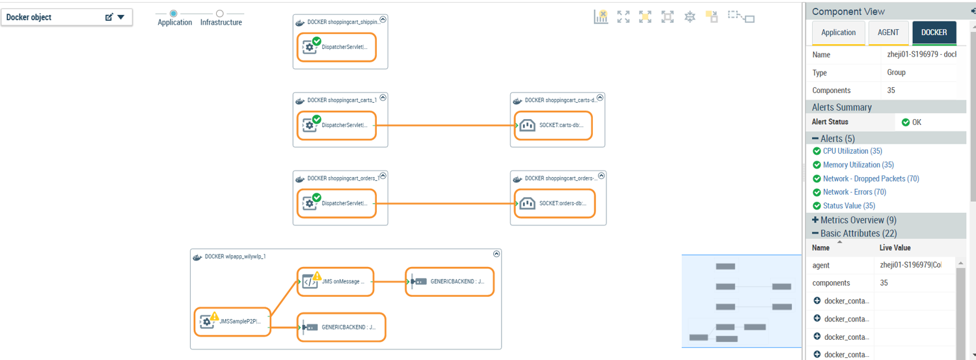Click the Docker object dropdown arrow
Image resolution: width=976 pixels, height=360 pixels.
(x=120, y=18)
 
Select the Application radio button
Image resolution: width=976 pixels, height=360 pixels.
(x=174, y=14)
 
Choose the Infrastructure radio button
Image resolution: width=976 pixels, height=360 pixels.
(x=220, y=14)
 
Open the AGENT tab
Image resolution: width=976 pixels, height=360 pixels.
(x=888, y=33)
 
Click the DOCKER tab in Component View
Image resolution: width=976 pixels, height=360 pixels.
(x=934, y=33)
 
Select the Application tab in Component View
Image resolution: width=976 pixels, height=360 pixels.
(x=838, y=33)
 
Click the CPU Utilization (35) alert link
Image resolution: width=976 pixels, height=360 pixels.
(x=852, y=151)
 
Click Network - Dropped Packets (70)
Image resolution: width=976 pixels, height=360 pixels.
(x=871, y=178)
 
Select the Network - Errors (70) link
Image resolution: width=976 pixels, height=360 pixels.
(x=854, y=192)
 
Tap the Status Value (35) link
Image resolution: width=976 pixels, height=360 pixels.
(x=849, y=206)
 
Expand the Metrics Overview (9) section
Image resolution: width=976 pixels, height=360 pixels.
(x=815, y=220)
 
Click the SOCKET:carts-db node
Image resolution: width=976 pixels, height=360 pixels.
(x=554, y=126)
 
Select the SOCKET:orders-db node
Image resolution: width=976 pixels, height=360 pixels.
(x=554, y=203)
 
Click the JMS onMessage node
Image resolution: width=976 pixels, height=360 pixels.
(x=336, y=282)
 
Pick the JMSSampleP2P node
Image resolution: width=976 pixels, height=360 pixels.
(x=232, y=322)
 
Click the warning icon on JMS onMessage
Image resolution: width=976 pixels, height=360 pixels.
(x=317, y=276)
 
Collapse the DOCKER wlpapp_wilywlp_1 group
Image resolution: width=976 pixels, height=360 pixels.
(x=496, y=254)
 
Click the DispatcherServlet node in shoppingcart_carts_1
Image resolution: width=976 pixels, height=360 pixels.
(x=337, y=126)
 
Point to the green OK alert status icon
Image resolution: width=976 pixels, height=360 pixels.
(x=906, y=122)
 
